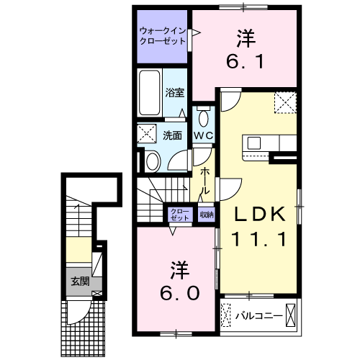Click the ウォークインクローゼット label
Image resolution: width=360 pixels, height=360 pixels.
(163, 36)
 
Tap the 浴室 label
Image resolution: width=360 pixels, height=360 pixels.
(174, 93)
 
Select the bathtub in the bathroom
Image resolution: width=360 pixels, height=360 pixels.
(150, 93)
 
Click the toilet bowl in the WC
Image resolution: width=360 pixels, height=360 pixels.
(204, 118)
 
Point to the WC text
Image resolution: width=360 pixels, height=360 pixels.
(204, 136)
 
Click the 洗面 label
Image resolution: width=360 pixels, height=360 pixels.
(172, 136)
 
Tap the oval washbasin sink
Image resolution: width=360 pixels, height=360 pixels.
(153, 161)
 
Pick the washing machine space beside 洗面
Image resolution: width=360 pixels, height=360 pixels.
(147, 133)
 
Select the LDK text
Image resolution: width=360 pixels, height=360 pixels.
(260, 214)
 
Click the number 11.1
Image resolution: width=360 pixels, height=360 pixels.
(258, 239)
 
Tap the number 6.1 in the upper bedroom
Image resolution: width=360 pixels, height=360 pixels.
(245, 61)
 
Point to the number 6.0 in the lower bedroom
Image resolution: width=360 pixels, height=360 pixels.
(179, 293)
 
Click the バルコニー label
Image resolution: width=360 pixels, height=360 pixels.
(258, 316)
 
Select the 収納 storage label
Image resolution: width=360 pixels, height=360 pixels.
(207, 215)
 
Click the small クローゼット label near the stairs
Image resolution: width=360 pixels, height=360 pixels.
(180, 215)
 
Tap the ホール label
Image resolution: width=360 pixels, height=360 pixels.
(204, 181)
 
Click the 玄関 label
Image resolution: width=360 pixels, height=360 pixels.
(81, 282)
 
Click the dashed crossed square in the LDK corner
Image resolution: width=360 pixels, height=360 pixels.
(286, 102)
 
